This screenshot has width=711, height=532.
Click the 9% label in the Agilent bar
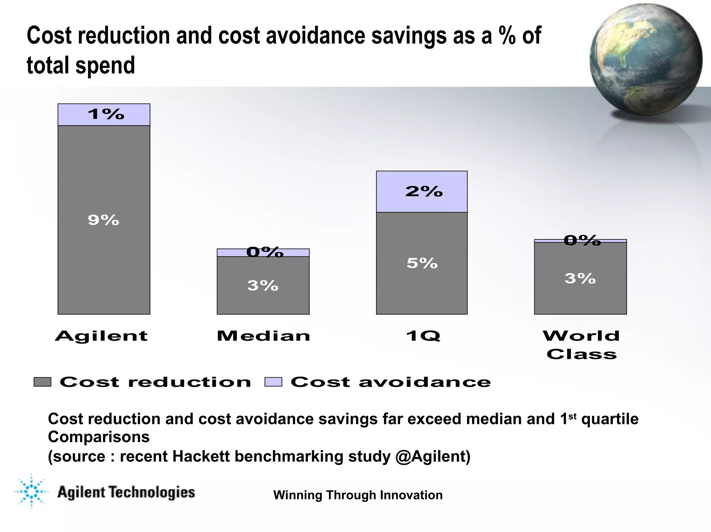[x=103, y=220]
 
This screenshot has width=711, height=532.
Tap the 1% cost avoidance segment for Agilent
[x=104, y=115]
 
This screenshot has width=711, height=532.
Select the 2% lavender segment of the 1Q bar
[x=422, y=192]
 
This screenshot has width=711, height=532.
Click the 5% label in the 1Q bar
[x=422, y=263]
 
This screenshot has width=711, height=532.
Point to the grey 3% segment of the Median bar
[x=263, y=286]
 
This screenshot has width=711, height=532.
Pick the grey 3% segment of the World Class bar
[x=580, y=278]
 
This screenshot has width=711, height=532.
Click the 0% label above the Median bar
[x=265, y=252]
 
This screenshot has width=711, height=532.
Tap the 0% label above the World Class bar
[x=582, y=240]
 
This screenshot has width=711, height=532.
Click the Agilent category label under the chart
[x=101, y=336]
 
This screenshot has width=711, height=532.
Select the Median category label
[x=264, y=336]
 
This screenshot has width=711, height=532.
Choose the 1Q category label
[x=423, y=336]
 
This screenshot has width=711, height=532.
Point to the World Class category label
[x=582, y=345]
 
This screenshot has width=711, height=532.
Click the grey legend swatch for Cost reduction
[x=42, y=382]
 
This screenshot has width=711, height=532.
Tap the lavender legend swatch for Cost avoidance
[x=273, y=382]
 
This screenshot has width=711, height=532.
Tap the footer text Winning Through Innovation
[x=358, y=495]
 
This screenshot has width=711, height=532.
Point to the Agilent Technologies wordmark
[x=126, y=492]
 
